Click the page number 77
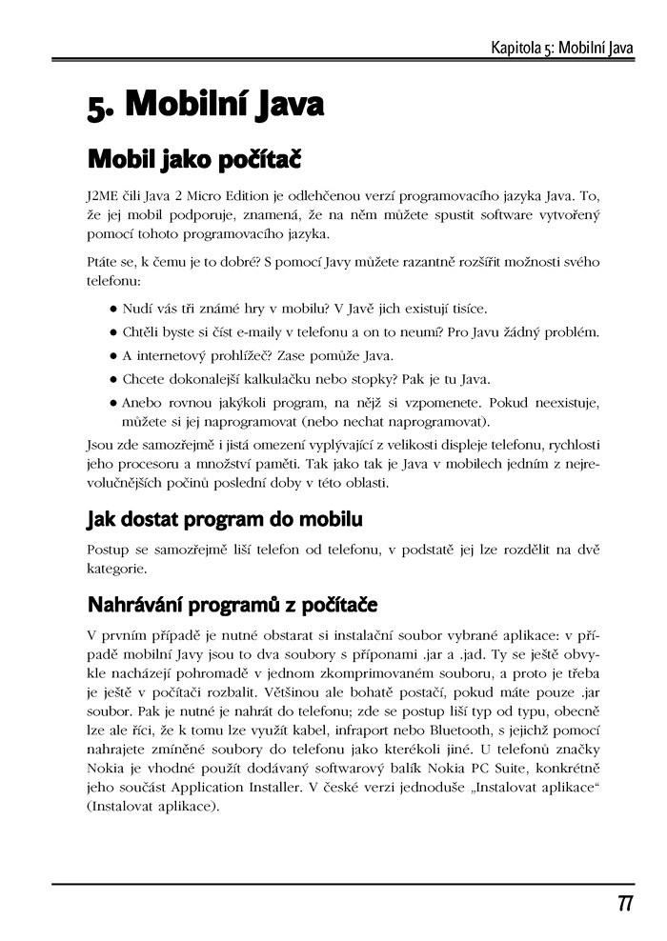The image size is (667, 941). (625, 904)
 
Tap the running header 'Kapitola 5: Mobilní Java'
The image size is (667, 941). (561, 47)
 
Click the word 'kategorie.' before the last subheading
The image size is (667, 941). (116, 570)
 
